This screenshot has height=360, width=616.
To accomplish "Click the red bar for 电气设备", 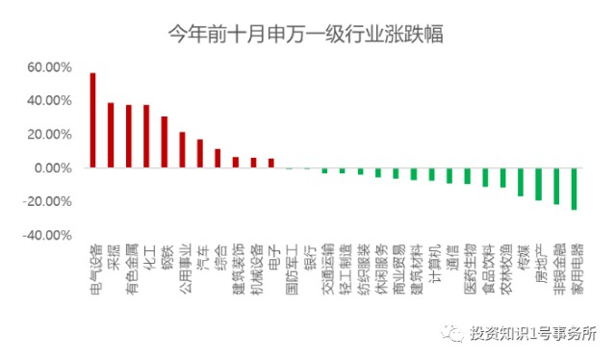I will coord(92,120).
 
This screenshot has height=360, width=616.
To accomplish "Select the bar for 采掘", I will coord(111,136).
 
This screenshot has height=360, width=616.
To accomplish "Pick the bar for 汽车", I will coord(200,154).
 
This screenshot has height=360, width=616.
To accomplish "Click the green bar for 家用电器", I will coord(574,189).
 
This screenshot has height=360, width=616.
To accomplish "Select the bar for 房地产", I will coord(538,184).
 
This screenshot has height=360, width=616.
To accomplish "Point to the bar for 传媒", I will coord(521,182).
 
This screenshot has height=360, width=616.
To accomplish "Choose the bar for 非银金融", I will coord(556,186).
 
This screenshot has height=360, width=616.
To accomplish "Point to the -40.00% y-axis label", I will coord(49,235).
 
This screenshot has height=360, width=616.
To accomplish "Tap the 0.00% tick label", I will coord(54,168).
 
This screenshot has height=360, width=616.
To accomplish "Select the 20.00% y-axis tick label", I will coord(51,135).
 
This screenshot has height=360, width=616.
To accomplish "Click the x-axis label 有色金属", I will coord(129,269).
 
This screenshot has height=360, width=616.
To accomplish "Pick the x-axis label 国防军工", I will coord(290,269).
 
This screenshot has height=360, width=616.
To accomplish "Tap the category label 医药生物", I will coord(468,269).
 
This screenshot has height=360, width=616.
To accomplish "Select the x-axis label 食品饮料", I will coord(485,269).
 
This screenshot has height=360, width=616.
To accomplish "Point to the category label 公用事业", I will coord(183,269).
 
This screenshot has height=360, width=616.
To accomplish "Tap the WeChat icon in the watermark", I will coord(452,334).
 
